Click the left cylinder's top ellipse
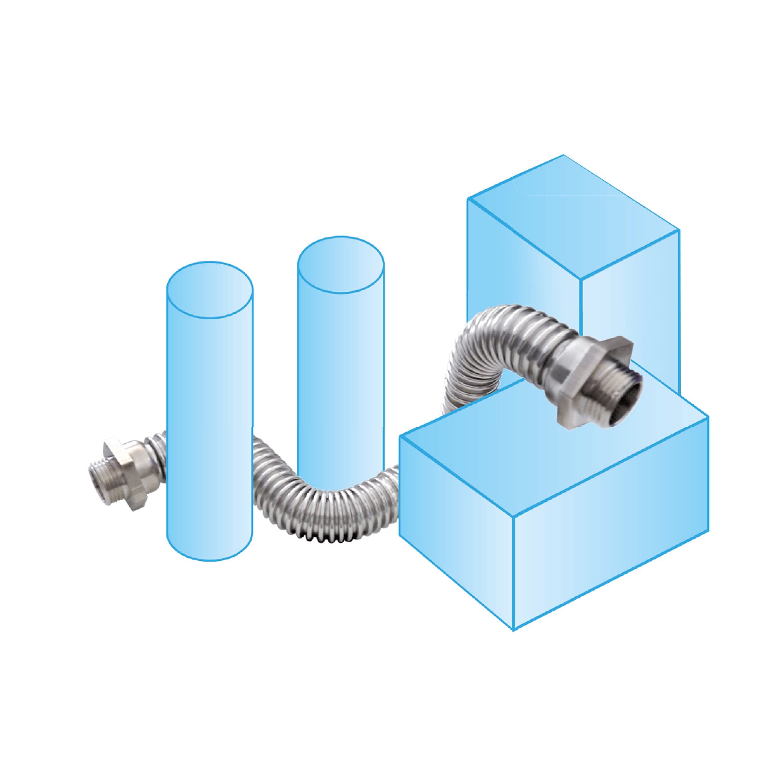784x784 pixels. tap(210, 290)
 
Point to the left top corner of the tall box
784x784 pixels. tap(468, 199)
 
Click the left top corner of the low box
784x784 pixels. tap(400, 435)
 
